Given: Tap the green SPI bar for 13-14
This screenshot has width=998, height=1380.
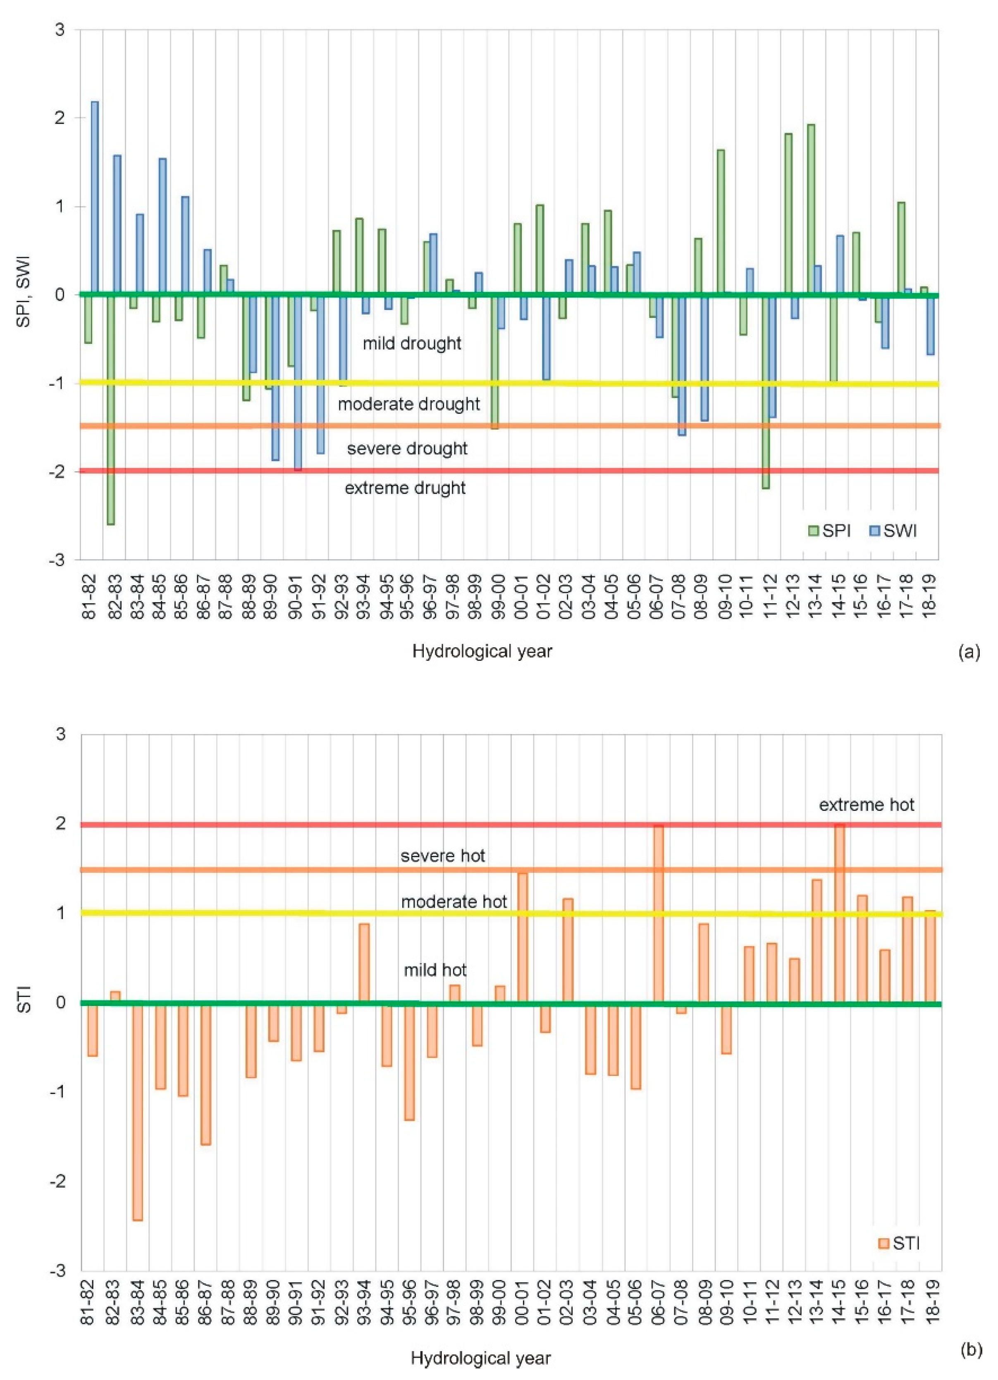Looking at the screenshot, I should pos(811,210).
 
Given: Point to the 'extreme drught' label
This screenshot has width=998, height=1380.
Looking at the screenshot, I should pos(405,488).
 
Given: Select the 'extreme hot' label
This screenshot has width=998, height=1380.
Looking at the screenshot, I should pos(866,805).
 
